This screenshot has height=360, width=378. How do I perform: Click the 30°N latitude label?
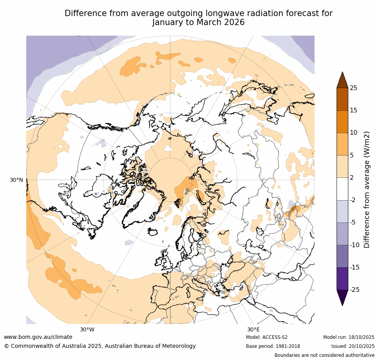click(x=16, y=180)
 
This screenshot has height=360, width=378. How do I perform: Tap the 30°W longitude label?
click(x=87, y=329)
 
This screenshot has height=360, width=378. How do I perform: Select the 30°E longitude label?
click(x=253, y=329)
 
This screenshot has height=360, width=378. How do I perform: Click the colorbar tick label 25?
click(x=353, y=88)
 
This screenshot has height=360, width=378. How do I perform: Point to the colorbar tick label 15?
click(x=353, y=110)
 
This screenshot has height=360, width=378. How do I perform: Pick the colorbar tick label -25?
click(x=354, y=290)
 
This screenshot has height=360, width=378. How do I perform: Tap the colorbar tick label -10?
click(x=354, y=245)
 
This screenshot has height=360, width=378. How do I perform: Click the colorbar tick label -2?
click(x=353, y=200)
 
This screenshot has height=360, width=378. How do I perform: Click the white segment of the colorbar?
click(x=342, y=189)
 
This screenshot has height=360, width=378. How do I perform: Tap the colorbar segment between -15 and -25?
click(x=342, y=279)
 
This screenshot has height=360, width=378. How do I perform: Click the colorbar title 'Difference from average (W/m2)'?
click(x=367, y=189)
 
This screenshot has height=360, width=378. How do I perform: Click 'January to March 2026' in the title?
click(x=198, y=22)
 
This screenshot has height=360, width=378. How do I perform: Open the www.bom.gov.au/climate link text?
click(x=38, y=337)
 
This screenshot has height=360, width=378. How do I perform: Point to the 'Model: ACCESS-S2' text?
click(x=267, y=337)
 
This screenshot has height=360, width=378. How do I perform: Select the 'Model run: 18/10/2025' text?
click(x=349, y=337)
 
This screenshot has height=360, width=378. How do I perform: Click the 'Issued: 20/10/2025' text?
click(x=353, y=346)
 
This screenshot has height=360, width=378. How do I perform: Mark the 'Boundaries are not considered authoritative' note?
click(x=324, y=355)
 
